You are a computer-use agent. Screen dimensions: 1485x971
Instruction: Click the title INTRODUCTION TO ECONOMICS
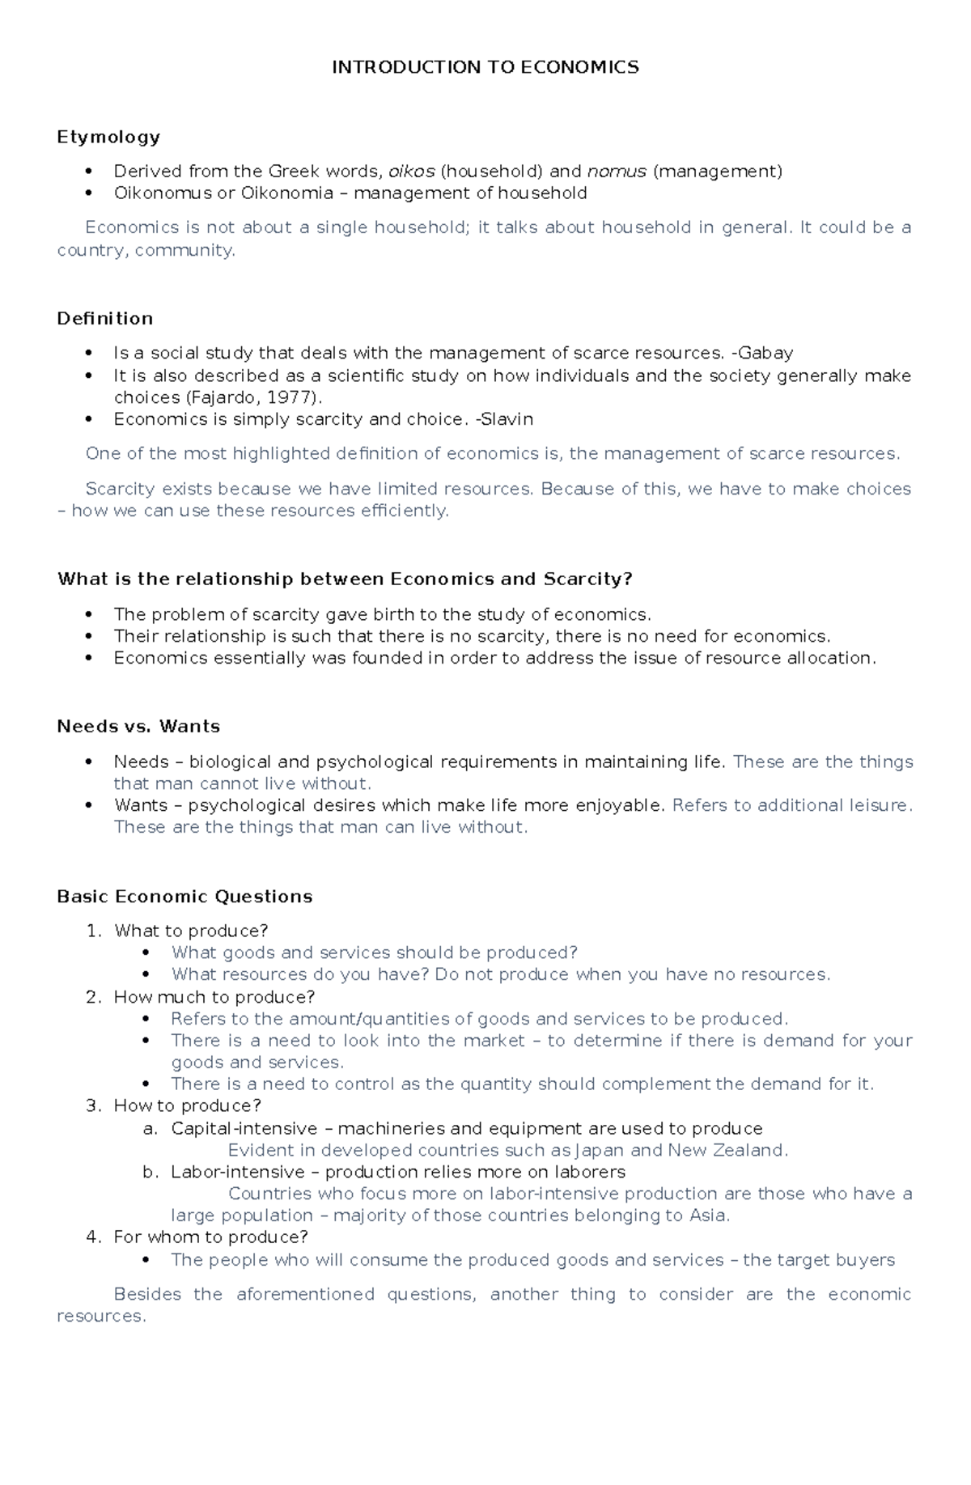pyautogui.click(x=485, y=67)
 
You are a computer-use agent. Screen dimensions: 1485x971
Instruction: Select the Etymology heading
pyautogui.click(x=108, y=137)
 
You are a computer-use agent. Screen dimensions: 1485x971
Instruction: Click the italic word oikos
pyautogui.click(x=412, y=171)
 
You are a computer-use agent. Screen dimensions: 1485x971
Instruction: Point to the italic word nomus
pyautogui.click(x=617, y=171)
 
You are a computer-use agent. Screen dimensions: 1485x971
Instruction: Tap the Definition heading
pyautogui.click(x=105, y=318)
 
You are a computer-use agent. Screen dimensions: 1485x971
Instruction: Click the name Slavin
pyautogui.click(x=507, y=419)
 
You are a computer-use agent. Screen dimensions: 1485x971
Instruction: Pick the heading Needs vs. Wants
pyautogui.click(x=138, y=726)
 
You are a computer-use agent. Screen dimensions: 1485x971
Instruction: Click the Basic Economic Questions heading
pyautogui.click(x=184, y=897)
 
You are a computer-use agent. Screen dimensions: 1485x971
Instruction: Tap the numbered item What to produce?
pyautogui.click(x=191, y=931)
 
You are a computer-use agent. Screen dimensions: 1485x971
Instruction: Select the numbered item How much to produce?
pyautogui.click(x=214, y=997)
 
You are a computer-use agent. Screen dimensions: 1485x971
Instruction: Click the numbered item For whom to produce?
pyautogui.click(x=211, y=1237)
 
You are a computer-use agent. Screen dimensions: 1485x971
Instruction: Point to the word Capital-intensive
pyautogui.click(x=244, y=1128)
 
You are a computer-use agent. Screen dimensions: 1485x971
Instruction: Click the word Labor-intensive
pyautogui.click(x=232, y=1172)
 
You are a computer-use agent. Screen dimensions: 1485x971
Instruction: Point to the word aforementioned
pyautogui.click(x=305, y=1294)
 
